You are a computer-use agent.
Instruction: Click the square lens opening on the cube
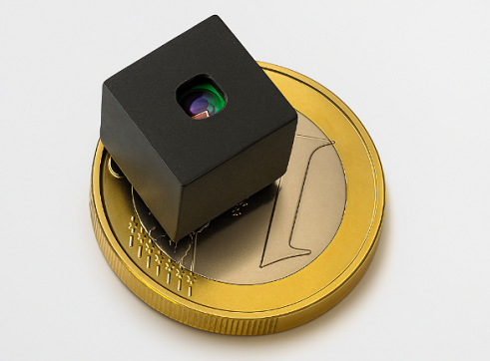tap(201, 100)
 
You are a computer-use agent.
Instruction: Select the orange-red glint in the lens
tap(199, 115)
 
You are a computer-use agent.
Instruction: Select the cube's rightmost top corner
tap(296, 117)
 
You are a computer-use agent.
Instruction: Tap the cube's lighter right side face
tap(240, 180)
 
